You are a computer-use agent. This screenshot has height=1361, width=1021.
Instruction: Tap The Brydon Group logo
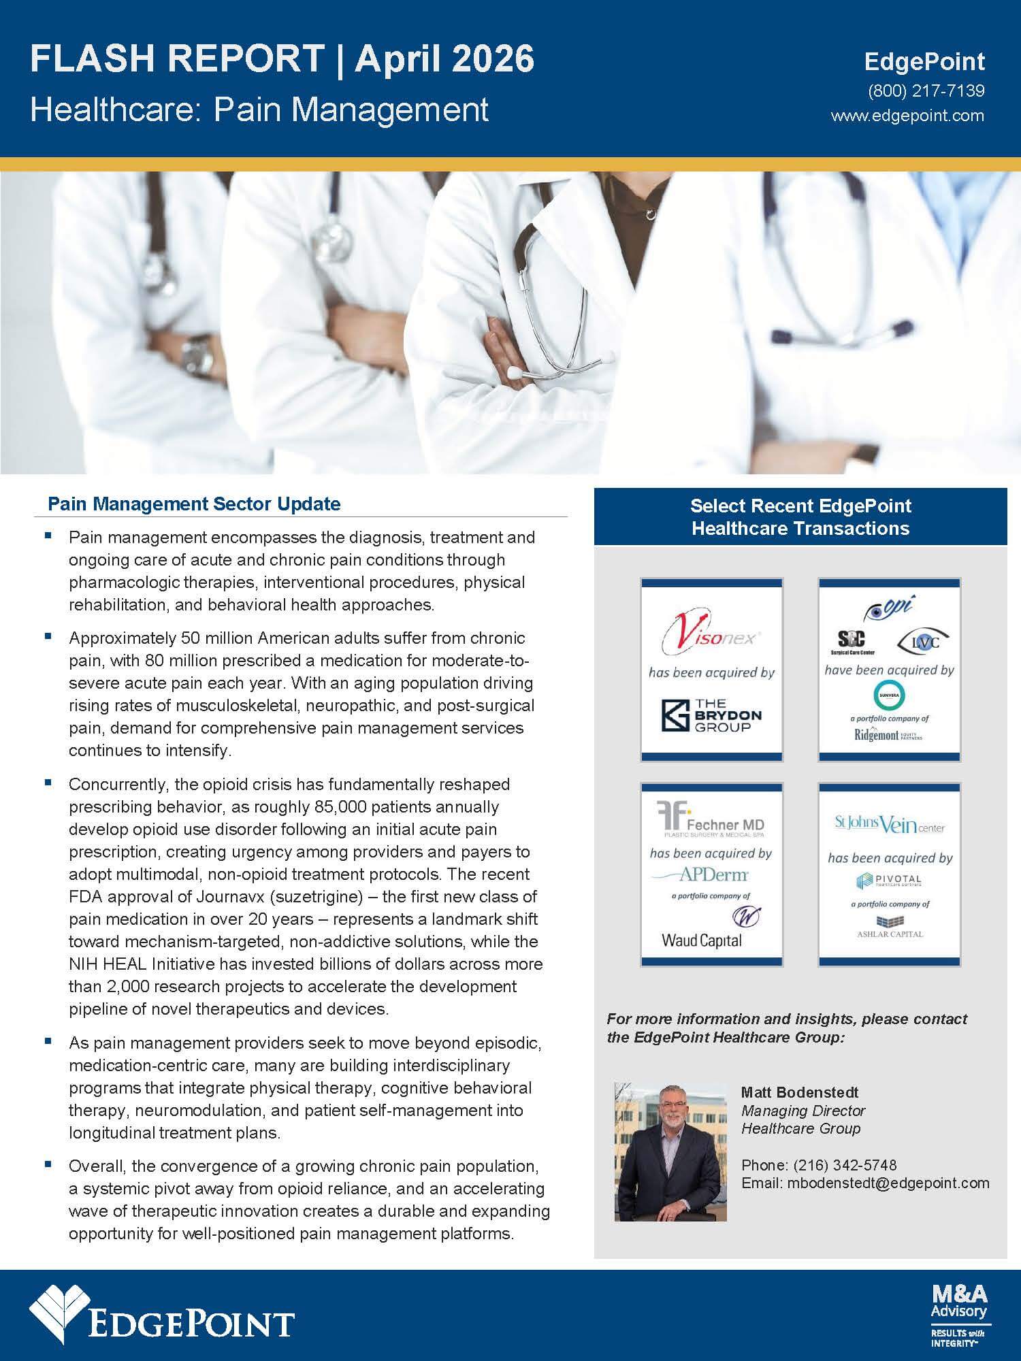711,715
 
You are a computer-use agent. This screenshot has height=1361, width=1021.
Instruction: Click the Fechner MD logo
711,820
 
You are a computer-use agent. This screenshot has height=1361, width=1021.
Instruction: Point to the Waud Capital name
702,940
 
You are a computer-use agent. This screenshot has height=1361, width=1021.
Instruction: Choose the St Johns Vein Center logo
890,825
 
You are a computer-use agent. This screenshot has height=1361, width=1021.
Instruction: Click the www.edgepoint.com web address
907,115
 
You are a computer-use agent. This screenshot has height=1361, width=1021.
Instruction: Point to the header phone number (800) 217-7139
926,91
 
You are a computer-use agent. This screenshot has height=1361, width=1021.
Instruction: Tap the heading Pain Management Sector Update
194,504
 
